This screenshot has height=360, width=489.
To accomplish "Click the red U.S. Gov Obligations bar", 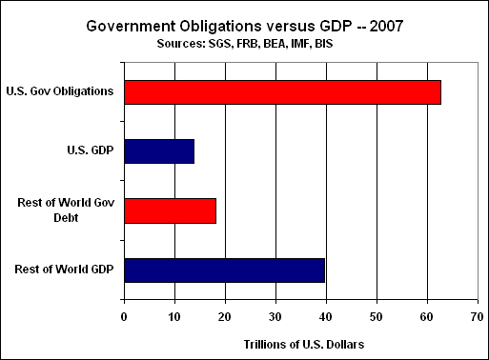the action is [282, 92].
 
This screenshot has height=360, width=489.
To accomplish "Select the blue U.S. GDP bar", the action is [159, 151].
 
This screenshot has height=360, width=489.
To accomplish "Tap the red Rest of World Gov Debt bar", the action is [170, 210].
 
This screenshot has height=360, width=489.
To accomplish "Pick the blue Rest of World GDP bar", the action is [225, 270].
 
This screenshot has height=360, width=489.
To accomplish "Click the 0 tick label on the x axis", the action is [124, 317].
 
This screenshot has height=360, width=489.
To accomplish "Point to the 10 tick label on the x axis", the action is [174, 317].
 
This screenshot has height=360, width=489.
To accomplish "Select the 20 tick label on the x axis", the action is [225, 317].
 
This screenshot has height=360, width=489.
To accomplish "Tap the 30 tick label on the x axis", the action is [275, 317].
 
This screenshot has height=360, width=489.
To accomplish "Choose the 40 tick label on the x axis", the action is [326, 317].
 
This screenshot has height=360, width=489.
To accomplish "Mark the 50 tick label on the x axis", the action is [377, 317].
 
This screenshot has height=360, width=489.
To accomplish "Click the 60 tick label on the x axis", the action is [427, 317].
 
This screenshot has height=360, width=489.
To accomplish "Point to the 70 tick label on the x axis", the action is [478, 317].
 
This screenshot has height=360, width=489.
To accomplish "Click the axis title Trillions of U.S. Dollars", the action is [304, 345].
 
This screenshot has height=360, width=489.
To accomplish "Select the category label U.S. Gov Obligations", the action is [60, 91].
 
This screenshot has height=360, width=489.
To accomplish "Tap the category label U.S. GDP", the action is [91, 150].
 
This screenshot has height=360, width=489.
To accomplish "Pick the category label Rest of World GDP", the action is [64, 270].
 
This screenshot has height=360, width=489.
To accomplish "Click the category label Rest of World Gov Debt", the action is [66, 210].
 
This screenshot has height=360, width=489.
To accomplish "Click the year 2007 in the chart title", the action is [386, 26].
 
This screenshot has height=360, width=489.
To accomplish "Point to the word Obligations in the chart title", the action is [221, 26].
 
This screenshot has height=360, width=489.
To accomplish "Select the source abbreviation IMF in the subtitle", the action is [300, 44].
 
